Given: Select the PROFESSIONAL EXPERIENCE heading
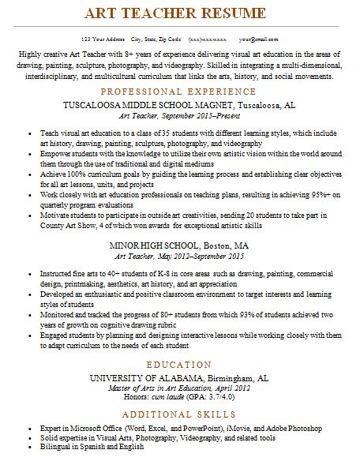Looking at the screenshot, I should pyautogui.click(x=179, y=92).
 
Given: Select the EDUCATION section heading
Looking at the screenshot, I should pyautogui.click(x=179, y=365).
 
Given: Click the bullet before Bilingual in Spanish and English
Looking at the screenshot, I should pyautogui.click(x=28, y=447).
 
